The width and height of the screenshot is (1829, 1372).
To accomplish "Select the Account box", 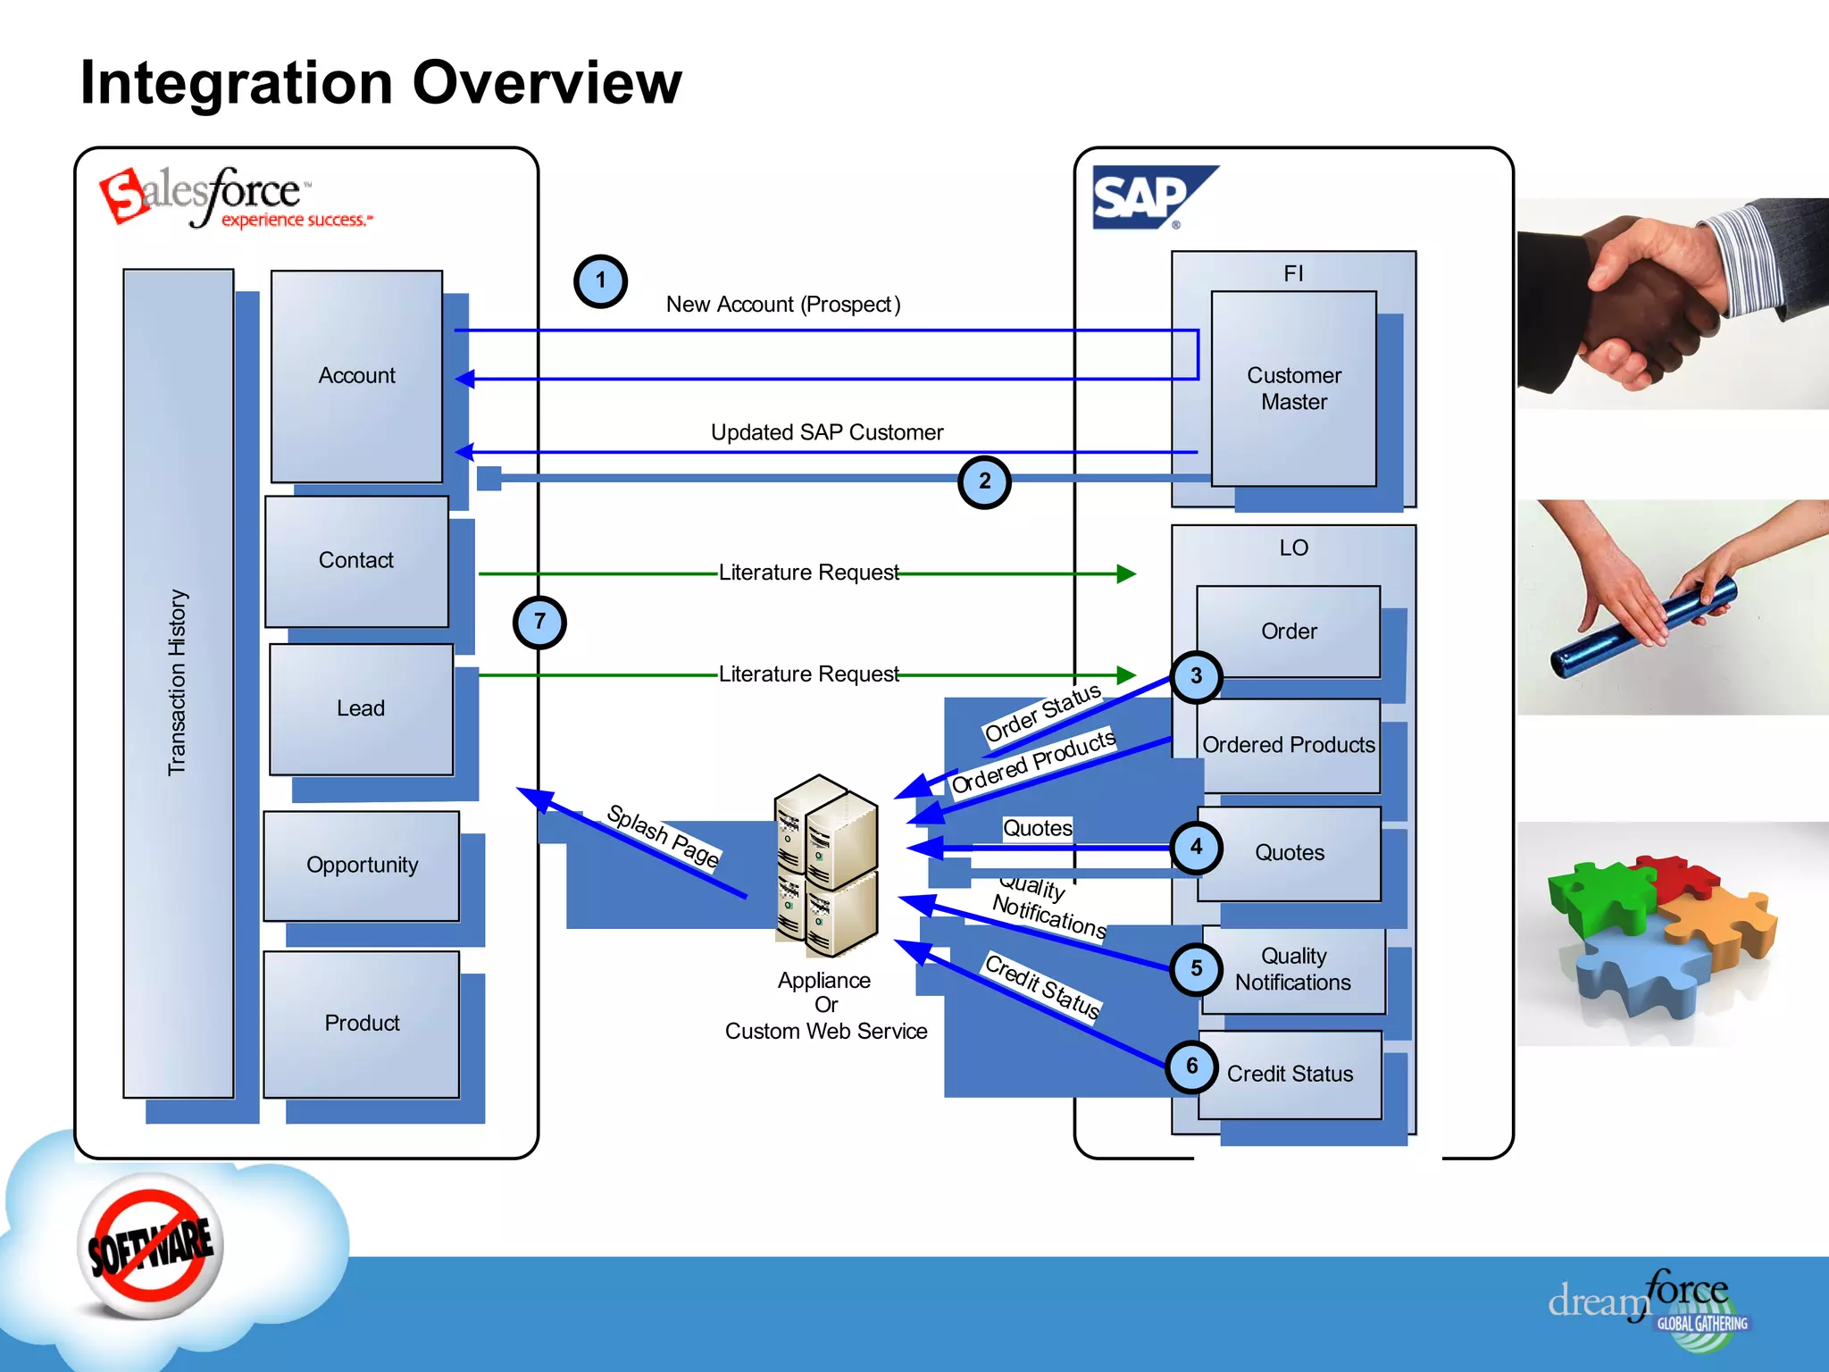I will coord(356,376).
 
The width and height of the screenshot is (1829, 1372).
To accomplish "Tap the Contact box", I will coord(356,561).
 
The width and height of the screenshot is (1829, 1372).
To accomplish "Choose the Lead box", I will coord(361,709).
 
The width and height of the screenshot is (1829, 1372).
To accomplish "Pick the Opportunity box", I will coord(362,866).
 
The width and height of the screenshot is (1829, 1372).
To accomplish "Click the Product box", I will coord(362,1024).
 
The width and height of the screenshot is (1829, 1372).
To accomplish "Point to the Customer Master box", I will coord(1293,389).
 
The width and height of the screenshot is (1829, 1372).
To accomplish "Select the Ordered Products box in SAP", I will coord(1289,745).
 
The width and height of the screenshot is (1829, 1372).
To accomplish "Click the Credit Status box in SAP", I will coord(1290,1075).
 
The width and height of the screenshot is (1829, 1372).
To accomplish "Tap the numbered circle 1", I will coord(600,280).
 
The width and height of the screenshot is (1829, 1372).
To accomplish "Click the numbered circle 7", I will coord(539,622).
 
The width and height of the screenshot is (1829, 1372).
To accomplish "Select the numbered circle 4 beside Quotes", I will coord(1196,848).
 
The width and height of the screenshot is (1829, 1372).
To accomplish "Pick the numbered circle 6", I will coord(1191,1067).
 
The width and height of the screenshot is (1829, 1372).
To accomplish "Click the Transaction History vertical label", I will coord(178,682).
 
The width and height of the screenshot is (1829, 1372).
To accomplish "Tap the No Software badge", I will coord(150,1247).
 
